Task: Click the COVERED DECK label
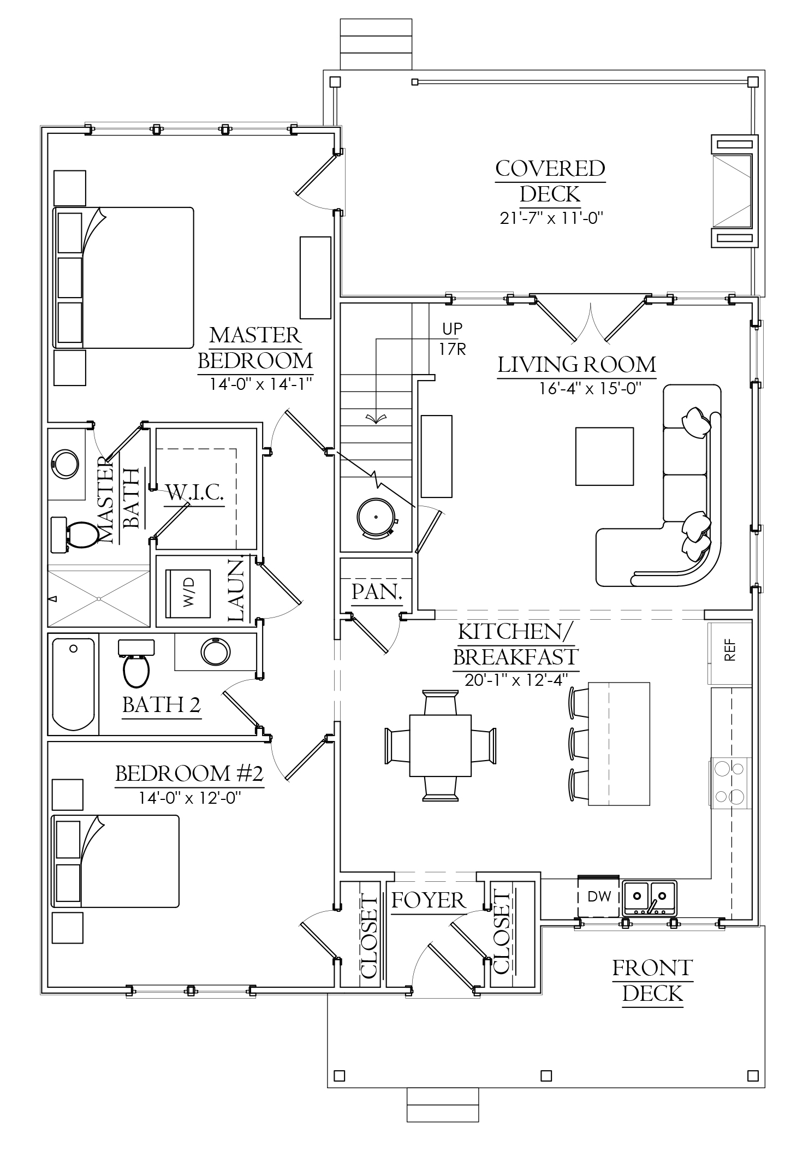[x=550, y=181]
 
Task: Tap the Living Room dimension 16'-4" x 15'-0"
[x=590, y=388]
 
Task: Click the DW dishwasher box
[x=599, y=896]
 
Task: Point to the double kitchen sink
[x=649, y=897]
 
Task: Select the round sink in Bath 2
[x=215, y=651]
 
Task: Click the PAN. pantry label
[x=377, y=592]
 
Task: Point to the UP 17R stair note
[x=453, y=339]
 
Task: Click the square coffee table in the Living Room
[x=604, y=456]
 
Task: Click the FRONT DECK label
[x=652, y=981]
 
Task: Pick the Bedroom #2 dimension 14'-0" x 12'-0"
[x=189, y=798]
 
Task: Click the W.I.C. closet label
[x=195, y=493]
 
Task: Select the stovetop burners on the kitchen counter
[x=730, y=782]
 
